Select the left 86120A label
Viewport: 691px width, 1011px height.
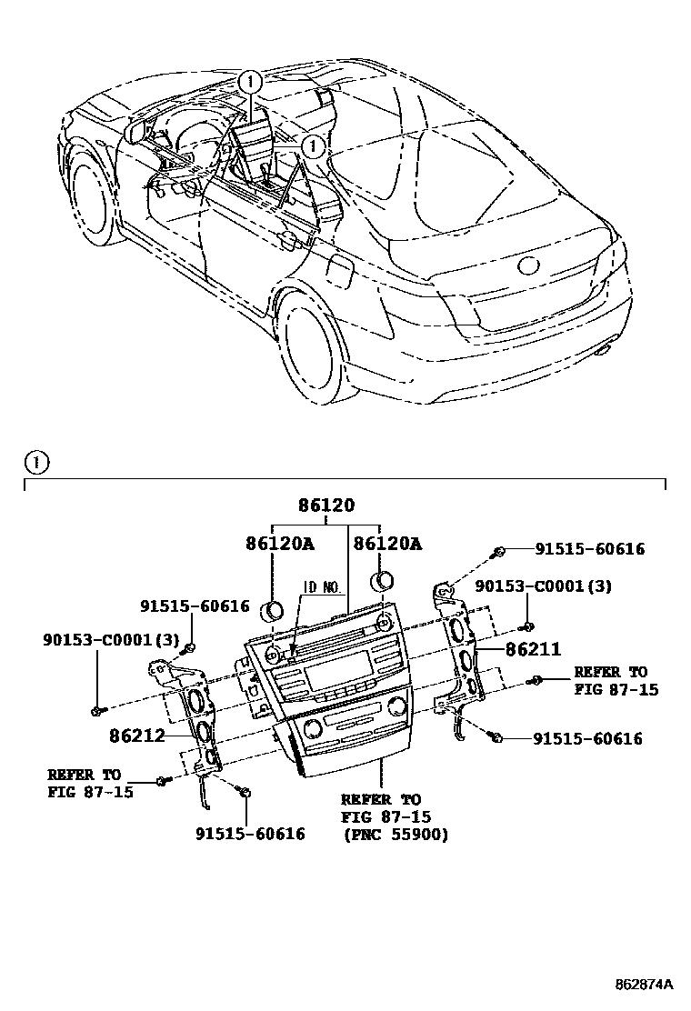tap(279, 544)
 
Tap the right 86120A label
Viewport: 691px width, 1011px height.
tap(387, 544)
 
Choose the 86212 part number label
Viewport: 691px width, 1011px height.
tap(137, 735)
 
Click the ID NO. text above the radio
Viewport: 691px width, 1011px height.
tap(322, 587)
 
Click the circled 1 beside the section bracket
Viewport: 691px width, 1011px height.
tap(36, 464)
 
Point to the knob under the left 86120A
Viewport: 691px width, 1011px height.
tap(274, 609)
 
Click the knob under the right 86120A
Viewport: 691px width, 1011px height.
tap(383, 580)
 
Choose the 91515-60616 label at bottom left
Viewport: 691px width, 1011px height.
tap(250, 834)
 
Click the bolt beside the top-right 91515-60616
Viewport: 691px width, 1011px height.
tap(499, 550)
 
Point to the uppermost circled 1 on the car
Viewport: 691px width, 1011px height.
tap(250, 83)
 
